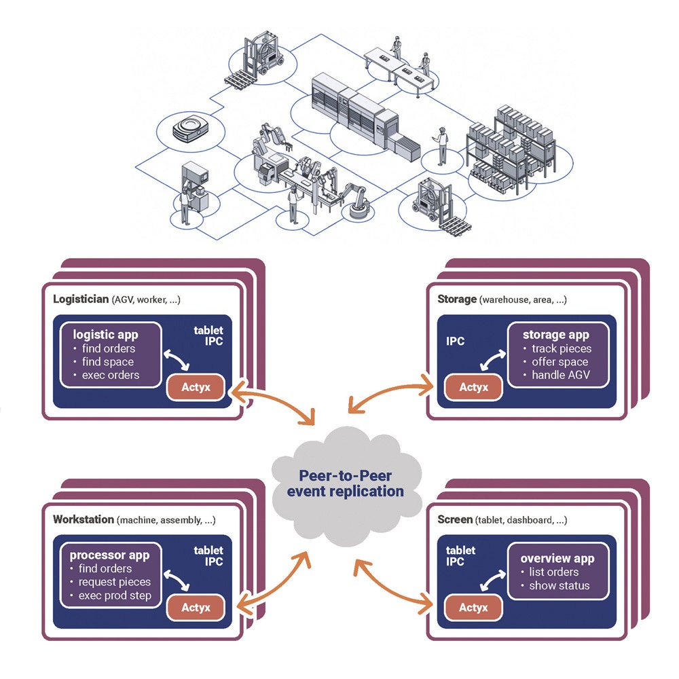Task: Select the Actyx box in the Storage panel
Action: [473, 387]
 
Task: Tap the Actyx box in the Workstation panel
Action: [198, 608]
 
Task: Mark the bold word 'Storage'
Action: [456, 299]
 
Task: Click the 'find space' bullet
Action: [108, 362]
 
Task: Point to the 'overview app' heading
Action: [557, 558]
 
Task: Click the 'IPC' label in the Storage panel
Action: [456, 341]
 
